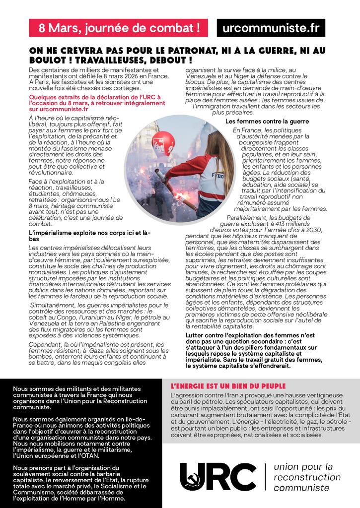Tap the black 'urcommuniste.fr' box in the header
click(x=271, y=28)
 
